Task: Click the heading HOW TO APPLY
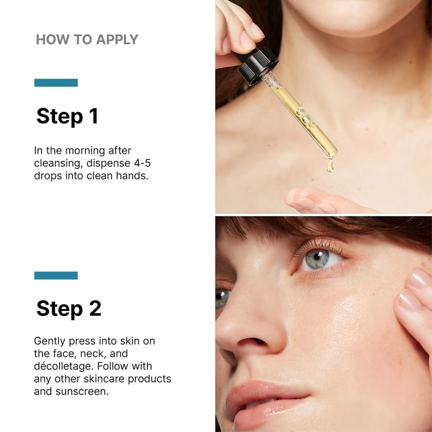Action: tap(87, 40)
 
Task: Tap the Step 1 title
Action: tap(67, 116)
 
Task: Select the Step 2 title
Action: tap(69, 308)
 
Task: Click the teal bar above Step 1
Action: tap(56, 83)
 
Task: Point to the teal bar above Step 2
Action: tap(56, 275)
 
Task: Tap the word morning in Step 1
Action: tap(85, 151)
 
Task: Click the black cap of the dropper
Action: tap(258, 66)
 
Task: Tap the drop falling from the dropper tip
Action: tap(330, 165)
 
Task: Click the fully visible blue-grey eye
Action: tap(318, 258)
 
